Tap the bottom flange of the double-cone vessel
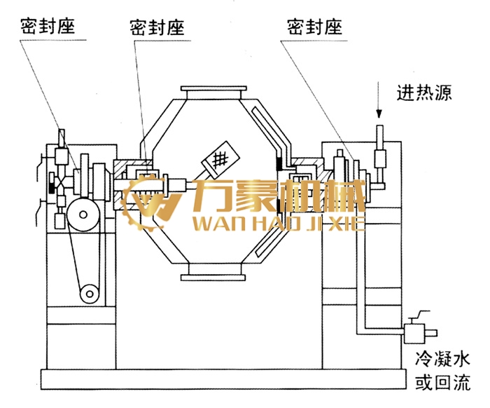(213, 271)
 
